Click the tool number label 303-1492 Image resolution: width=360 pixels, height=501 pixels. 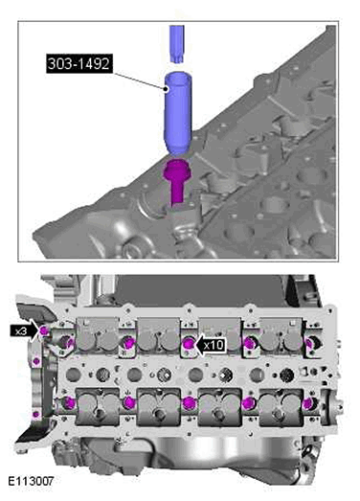click(x=79, y=63)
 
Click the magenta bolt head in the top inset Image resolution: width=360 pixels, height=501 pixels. click(x=177, y=170)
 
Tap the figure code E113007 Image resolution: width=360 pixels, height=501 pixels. click(x=31, y=481)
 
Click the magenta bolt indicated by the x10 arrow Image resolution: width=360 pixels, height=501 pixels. click(x=189, y=344)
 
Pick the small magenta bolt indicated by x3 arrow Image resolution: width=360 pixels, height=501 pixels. click(x=44, y=331)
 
